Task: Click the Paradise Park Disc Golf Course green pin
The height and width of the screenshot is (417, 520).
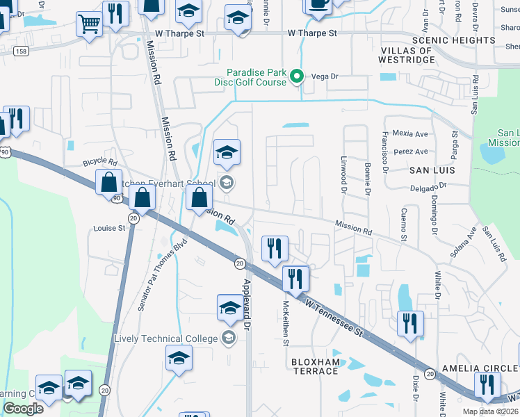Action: click(297, 76)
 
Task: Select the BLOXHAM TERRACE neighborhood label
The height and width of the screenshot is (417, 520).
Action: click(314, 366)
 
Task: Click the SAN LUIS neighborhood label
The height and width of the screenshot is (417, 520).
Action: click(431, 170)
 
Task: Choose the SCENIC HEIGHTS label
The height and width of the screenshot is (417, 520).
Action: click(453, 40)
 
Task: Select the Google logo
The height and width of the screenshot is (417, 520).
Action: click(23, 409)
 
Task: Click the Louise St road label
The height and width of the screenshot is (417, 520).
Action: click(109, 227)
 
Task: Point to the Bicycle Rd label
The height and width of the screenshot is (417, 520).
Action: click(95, 161)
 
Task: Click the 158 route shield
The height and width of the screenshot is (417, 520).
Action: click(22, 51)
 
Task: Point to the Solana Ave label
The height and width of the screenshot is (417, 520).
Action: click(463, 243)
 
